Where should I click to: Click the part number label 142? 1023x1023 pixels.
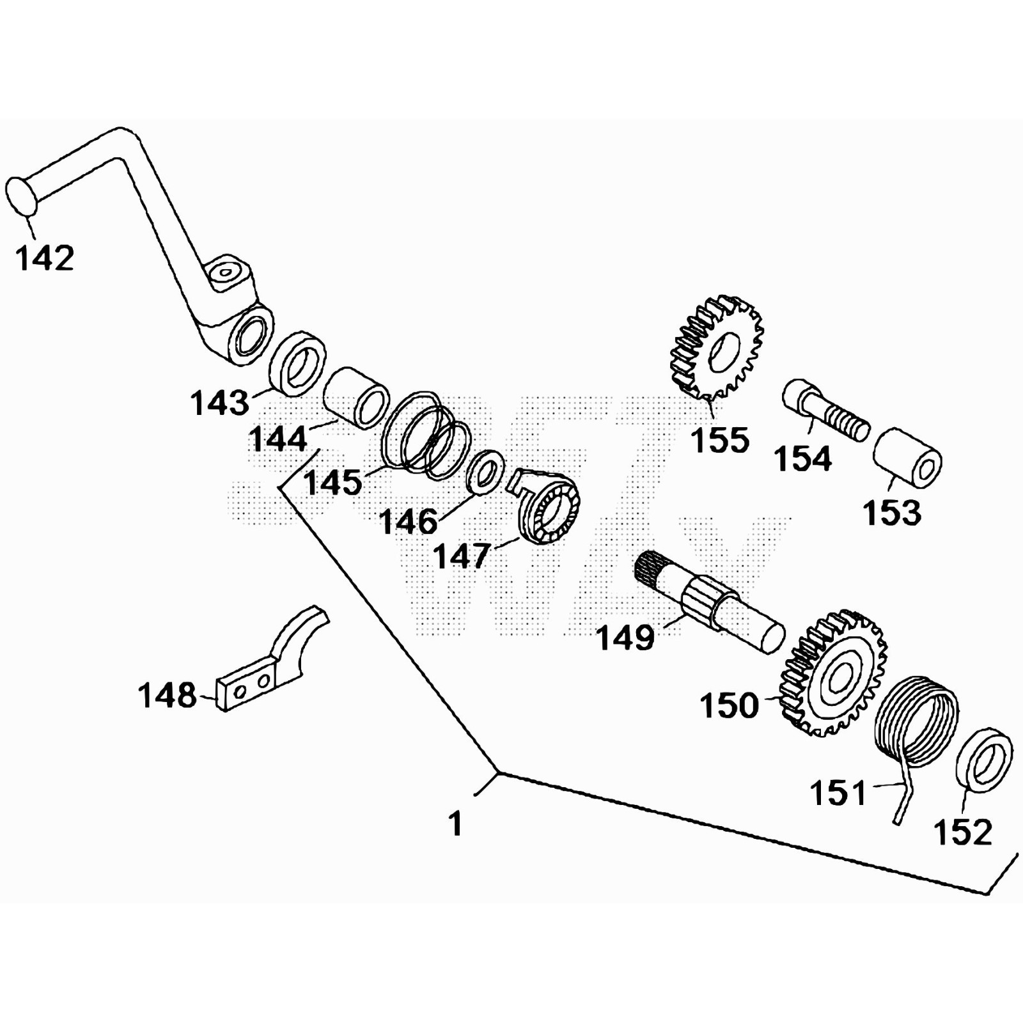pyautogui.click(x=45, y=258)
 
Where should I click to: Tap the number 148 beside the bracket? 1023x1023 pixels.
pyautogui.click(x=168, y=695)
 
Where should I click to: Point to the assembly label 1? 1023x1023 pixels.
pyautogui.click(x=455, y=824)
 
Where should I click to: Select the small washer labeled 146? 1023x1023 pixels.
pyautogui.click(x=486, y=472)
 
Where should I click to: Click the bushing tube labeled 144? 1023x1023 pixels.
pyautogui.click(x=357, y=396)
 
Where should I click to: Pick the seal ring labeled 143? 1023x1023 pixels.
pyautogui.click(x=296, y=363)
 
